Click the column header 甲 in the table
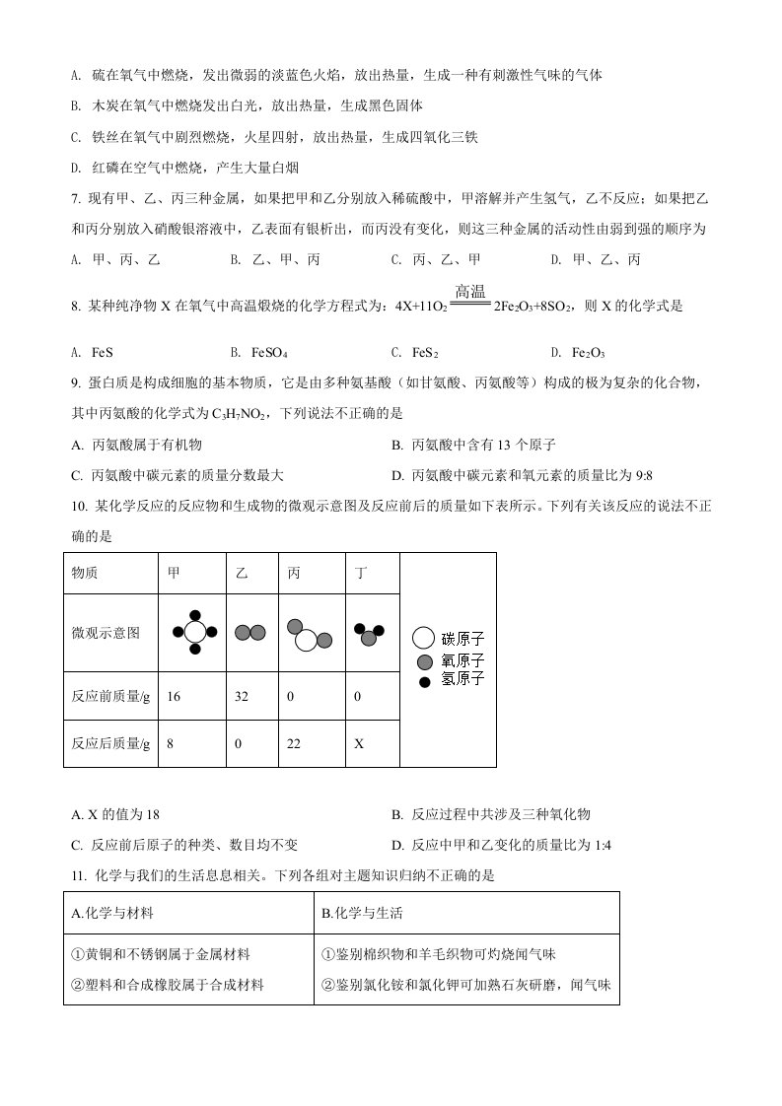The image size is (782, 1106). click(176, 574)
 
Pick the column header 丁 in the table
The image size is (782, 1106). click(362, 574)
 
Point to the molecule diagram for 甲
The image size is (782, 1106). click(194, 632)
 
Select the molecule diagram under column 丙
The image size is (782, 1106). click(309, 636)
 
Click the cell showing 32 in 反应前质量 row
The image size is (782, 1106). click(242, 696)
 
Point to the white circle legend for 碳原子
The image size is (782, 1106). click(424, 639)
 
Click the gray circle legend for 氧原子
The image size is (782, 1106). click(424, 661)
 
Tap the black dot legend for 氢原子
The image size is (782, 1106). click(424, 680)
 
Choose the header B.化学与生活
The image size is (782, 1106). click(363, 914)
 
